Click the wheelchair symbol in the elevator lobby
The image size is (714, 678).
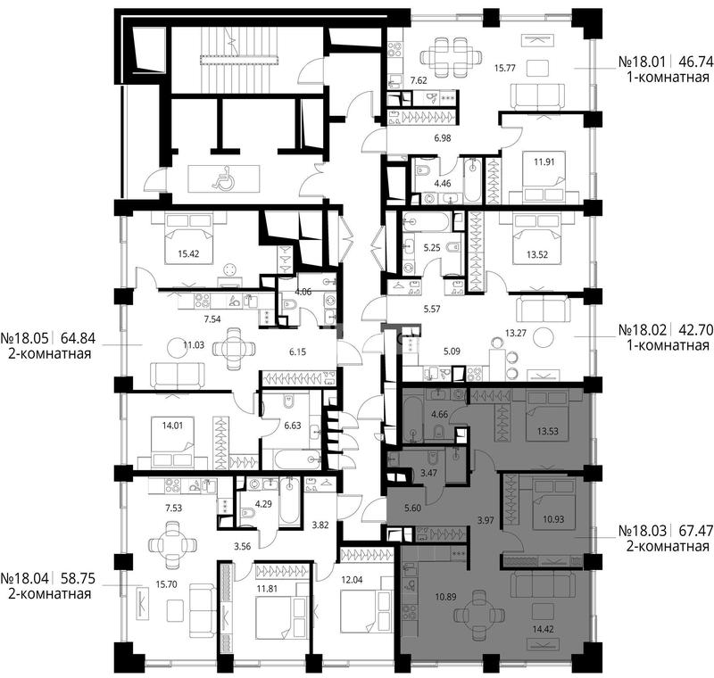(x=223, y=178)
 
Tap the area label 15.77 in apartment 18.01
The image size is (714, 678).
(x=504, y=69)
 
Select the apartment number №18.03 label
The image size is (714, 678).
(x=643, y=531)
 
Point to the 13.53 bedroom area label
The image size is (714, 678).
(x=547, y=431)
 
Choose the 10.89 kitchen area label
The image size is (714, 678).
(x=445, y=596)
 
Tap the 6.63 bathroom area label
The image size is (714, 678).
(x=293, y=426)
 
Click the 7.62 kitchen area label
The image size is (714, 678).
(x=419, y=80)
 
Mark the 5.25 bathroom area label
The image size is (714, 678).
(x=432, y=247)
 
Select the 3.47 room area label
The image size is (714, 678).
(x=428, y=473)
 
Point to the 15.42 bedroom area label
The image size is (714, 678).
(x=188, y=253)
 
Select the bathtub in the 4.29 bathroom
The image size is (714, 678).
(x=289, y=500)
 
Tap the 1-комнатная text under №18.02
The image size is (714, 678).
(x=668, y=345)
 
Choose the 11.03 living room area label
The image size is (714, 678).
(x=194, y=345)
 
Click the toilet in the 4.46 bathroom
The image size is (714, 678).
(x=422, y=169)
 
